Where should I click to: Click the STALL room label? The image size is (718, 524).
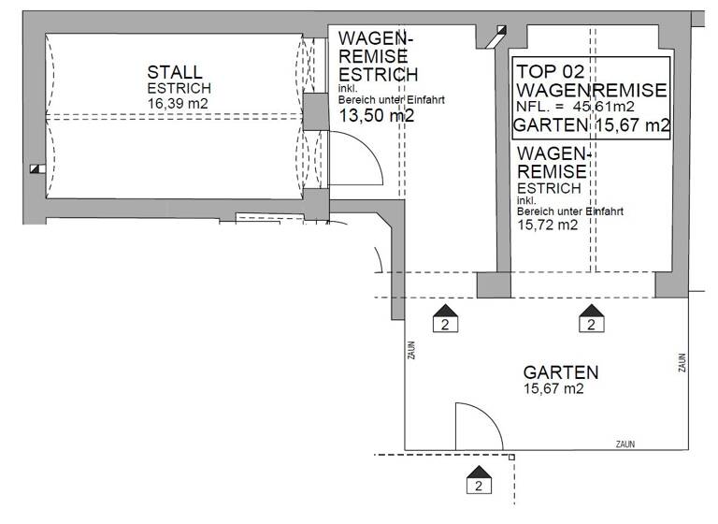click(175, 72)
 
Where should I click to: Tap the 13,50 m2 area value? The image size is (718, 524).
click(376, 116)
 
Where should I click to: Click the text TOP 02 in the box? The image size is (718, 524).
click(553, 70)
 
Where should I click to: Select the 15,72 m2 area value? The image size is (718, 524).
click(547, 225)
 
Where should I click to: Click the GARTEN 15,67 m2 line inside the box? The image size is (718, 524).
click(591, 126)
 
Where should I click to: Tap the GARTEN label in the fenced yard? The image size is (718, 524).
click(561, 372)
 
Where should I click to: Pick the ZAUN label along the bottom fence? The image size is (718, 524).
click(627, 443)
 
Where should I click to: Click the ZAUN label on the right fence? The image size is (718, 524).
click(682, 361)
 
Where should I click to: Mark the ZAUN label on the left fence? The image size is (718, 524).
click(411, 351)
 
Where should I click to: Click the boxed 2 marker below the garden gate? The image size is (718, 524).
click(479, 485)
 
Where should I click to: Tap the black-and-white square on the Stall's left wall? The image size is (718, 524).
click(36, 169)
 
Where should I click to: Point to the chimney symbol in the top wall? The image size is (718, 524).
click(494, 36)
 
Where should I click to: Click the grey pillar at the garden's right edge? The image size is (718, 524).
click(670, 284)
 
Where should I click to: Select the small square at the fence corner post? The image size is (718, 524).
click(512, 457)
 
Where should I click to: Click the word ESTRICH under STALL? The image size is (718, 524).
click(175, 88)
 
